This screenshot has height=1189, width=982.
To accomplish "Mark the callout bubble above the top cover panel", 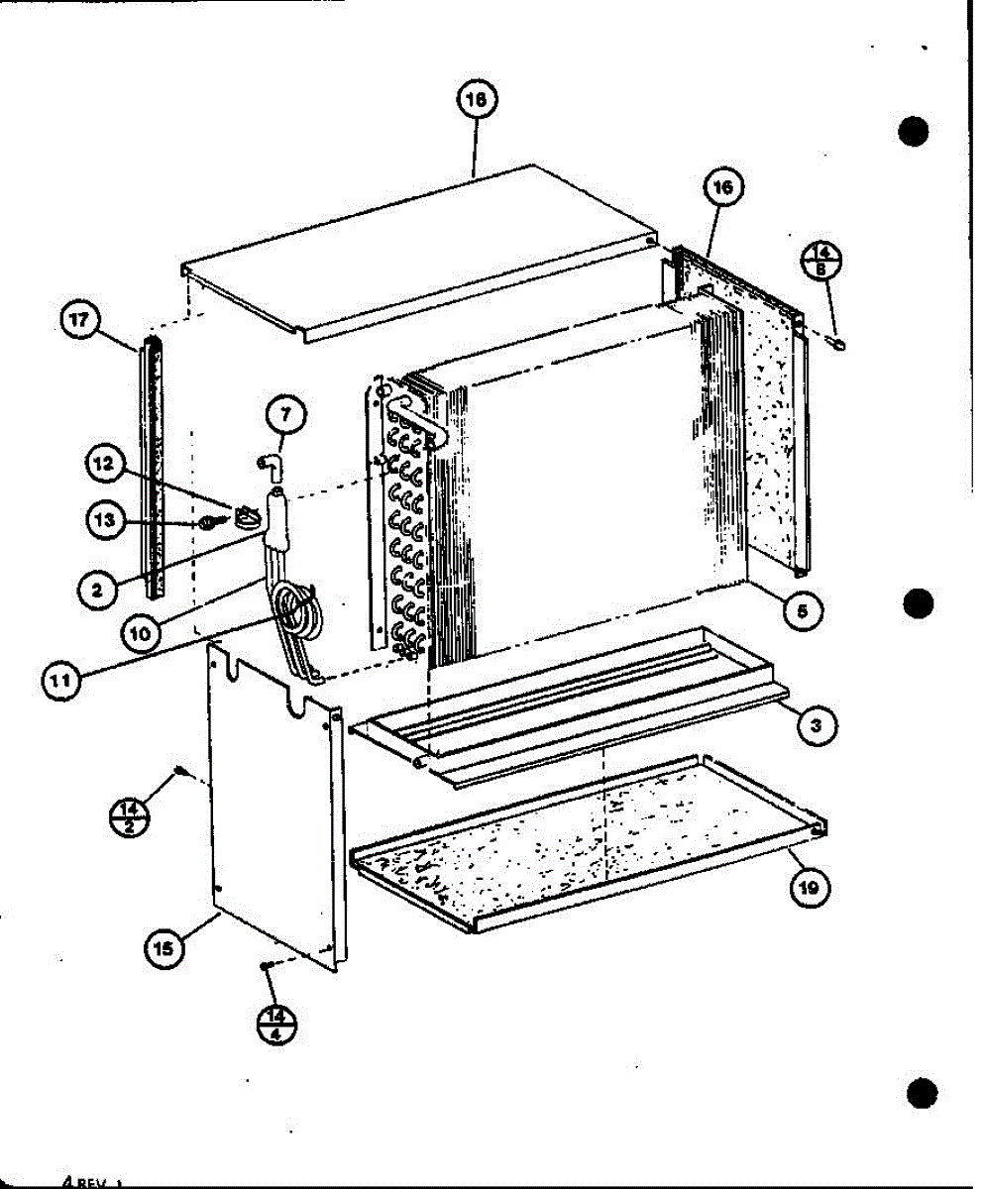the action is pos(477,99).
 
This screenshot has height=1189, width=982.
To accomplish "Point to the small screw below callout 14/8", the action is pos(841,344).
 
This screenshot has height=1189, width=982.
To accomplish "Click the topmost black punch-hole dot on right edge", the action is pos(915,131).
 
